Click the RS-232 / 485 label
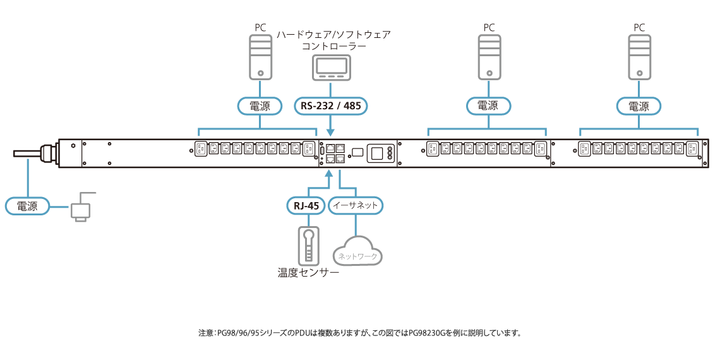(331, 105)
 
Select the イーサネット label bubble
(356, 205)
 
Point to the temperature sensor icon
(309, 245)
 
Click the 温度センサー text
(308, 273)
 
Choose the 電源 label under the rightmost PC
(639, 105)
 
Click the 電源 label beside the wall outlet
(27, 206)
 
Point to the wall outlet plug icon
(81, 210)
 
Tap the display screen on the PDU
(376, 153)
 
